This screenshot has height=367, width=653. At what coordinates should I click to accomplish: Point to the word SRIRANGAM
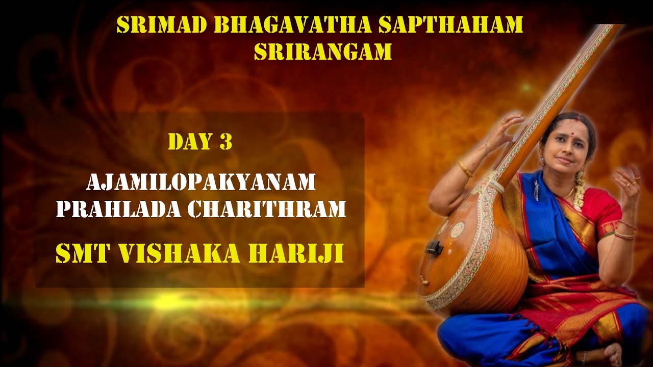coord(322,52)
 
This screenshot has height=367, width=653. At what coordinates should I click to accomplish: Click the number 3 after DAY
coord(226,142)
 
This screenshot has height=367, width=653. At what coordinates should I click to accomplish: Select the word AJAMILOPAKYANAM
coord(200,182)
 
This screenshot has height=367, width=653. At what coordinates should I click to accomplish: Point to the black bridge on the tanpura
coord(434,247)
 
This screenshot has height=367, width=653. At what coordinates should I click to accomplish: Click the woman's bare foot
coord(612,354)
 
